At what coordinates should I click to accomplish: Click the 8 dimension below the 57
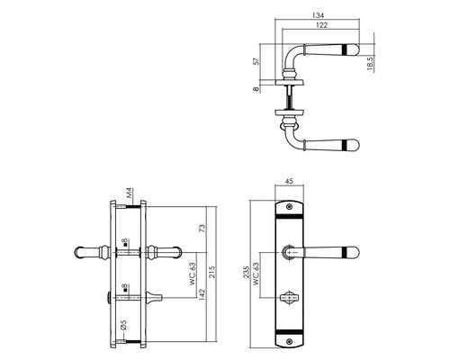point(258,90)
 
